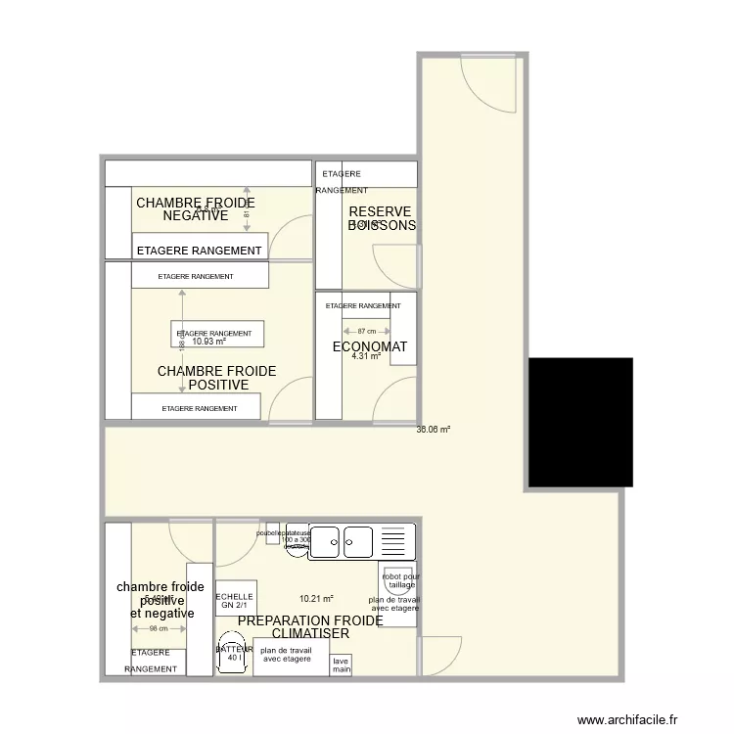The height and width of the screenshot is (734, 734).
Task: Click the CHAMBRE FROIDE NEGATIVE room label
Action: (x=195, y=208)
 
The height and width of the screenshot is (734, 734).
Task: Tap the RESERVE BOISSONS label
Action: (x=381, y=218)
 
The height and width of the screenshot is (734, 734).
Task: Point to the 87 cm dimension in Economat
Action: (x=365, y=331)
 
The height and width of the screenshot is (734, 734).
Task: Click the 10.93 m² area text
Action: (x=208, y=343)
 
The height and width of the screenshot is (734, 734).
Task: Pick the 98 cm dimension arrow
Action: (x=159, y=628)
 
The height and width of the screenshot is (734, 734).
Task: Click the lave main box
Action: (x=341, y=665)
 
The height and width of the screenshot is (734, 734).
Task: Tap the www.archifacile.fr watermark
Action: (x=626, y=719)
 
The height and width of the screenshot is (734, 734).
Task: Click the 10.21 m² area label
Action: (x=316, y=599)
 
